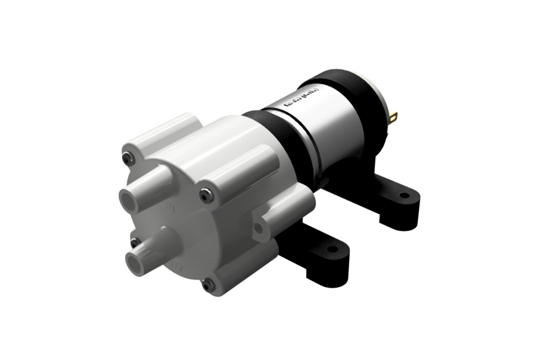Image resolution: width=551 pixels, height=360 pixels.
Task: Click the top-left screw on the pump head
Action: click(x=129, y=158)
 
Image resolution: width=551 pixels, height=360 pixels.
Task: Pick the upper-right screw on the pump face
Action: click(x=207, y=195)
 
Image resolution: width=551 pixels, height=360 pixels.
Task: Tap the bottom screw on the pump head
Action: click(x=208, y=284)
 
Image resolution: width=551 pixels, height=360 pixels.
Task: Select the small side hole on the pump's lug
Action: click(x=258, y=228)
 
